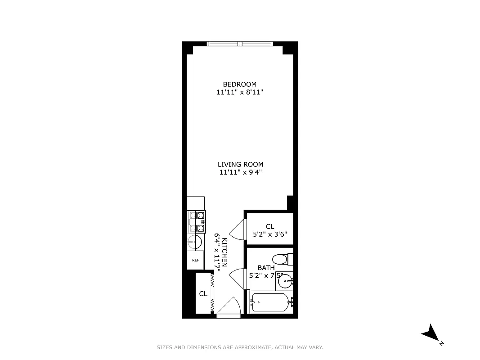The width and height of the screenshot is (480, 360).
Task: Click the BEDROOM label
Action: [240, 84]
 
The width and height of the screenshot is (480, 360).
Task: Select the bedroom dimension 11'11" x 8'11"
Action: [240, 92]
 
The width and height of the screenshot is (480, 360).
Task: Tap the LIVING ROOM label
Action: [240, 164]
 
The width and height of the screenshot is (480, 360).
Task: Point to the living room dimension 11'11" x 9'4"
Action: [240, 172]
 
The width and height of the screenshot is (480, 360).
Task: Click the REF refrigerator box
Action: [196, 260]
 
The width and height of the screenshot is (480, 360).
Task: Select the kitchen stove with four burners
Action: [197, 221]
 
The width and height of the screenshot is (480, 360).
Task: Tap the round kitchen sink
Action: [194, 242]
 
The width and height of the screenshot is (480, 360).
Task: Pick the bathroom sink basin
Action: [285, 282]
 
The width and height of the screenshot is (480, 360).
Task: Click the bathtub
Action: [270, 302]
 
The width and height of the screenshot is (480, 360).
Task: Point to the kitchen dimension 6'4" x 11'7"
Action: [216, 252]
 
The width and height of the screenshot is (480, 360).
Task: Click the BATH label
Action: [266, 268]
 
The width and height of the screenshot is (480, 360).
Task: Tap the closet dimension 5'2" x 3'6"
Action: [269, 234]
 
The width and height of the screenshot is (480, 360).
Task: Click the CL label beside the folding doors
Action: [203, 294]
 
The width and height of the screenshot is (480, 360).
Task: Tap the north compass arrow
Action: [431, 334]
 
